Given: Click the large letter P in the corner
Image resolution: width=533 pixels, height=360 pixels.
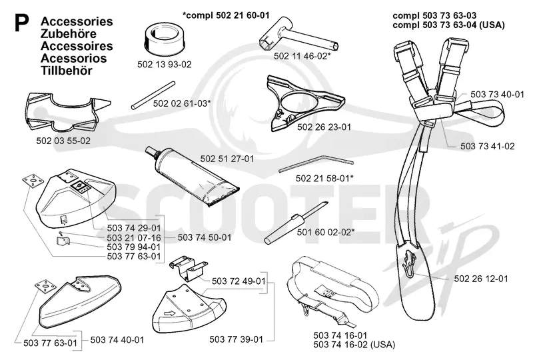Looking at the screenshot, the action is [x=21, y=23].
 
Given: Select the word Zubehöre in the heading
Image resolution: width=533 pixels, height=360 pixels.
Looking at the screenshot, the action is [x=69, y=34].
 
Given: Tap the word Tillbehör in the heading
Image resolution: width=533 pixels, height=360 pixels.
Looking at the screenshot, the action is [x=67, y=71].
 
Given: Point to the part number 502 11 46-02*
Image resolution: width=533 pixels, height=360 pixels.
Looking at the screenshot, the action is [x=302, y=56].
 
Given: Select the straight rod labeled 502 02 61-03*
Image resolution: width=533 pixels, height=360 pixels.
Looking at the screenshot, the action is [x=153, y=95].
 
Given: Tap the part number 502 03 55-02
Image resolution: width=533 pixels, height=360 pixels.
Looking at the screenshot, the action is [x=63, y=141].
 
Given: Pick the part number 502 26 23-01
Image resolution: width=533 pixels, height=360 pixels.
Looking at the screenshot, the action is [x=324, y=127].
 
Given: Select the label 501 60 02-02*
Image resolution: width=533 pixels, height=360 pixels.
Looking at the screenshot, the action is [x=326, y=233].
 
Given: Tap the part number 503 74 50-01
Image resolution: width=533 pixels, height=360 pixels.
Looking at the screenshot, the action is [x=205, y=237].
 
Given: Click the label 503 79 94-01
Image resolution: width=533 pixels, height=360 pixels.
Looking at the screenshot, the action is [x=134, y=247].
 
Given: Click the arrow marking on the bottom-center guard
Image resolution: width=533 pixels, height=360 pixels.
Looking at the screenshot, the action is [x=170, y=313].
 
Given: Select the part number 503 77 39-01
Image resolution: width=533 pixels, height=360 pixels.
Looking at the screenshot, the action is [x=237, y=339].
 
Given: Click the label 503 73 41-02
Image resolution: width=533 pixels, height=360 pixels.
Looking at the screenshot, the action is [x=488, y=146].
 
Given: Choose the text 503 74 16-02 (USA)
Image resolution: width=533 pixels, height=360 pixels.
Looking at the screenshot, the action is [x=354, y=345].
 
